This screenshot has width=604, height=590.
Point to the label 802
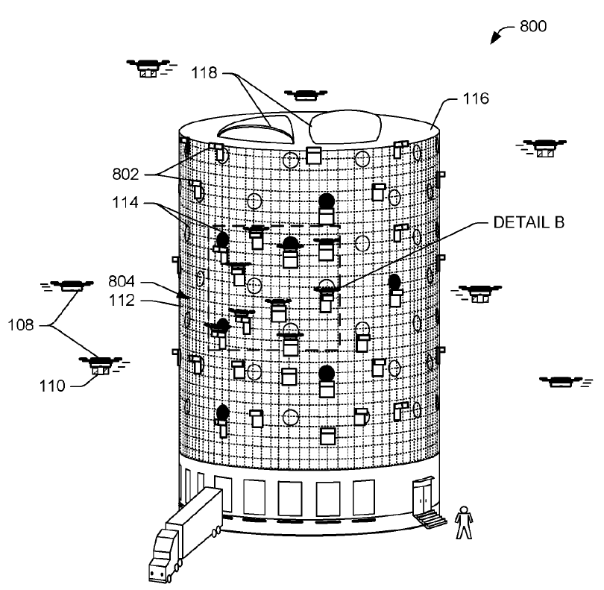[126, 175]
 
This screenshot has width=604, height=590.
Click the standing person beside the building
[464, 522]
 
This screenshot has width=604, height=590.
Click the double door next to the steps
[424, 495]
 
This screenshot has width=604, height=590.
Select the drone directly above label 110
[99, 364]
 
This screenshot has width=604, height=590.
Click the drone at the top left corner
[148, 67]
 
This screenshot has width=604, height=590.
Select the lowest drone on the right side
[564, 382]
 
